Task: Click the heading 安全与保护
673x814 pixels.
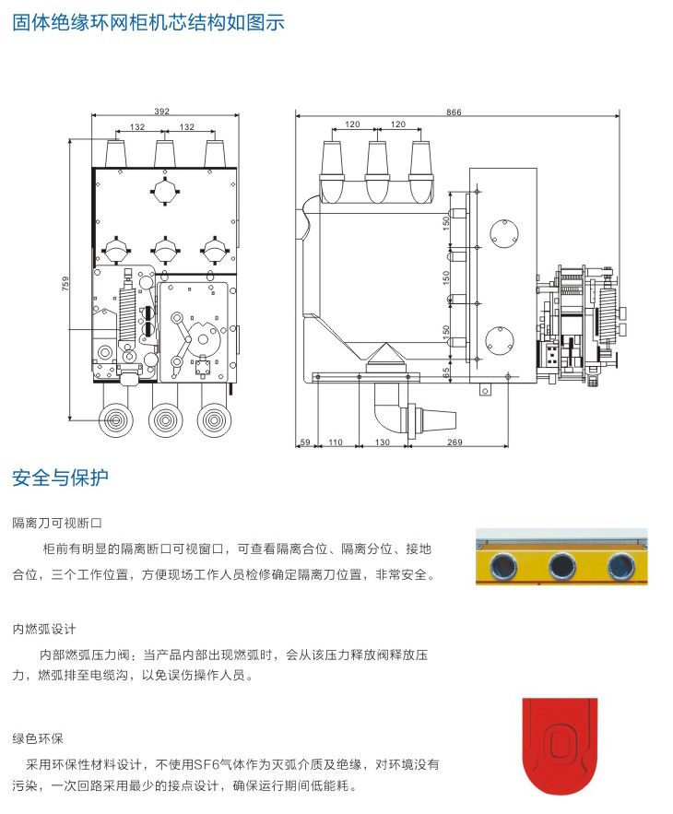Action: click(60, 478)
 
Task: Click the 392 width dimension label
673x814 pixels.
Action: click(162, 112)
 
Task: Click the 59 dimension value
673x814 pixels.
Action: click(306, 442)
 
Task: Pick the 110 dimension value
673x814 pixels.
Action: click(336, 442)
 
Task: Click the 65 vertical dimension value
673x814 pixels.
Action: click(447, 373)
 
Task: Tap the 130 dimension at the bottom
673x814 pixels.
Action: click(384, 442)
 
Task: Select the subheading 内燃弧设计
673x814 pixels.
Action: click(43, 630)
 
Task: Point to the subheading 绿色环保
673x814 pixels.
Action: click(38, 738)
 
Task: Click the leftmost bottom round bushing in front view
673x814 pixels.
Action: click(115, 420)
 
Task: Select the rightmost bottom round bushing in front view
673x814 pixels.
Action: click(214, 420)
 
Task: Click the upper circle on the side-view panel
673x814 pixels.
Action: click(502, 230)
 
